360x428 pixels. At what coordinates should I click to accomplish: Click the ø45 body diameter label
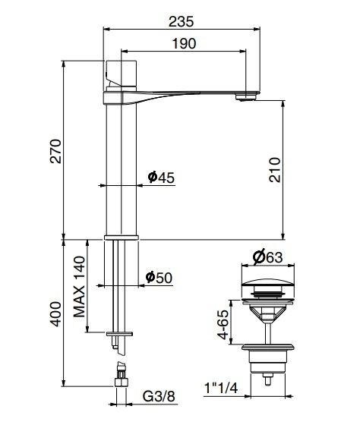pyautogui.click(x=161, y=177)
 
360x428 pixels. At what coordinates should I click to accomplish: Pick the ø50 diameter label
pyautogui.click(x=160, y=278)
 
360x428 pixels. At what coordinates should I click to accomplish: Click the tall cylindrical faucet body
pyautogui.click(x=120, y=167)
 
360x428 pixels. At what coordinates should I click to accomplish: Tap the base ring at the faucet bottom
pyautogui.click(x=120, y=238)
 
